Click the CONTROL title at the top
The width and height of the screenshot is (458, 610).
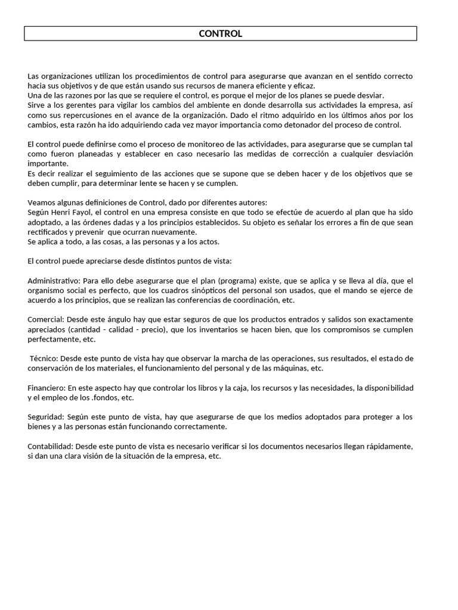point(220,34)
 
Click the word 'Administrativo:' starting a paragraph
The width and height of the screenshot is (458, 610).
point(54,281)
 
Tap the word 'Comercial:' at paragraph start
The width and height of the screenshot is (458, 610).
point(45,319)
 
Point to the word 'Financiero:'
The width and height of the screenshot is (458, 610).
point(47,388)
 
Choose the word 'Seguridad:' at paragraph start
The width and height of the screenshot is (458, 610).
point(46,417)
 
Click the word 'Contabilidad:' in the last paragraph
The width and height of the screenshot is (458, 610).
point(50,446)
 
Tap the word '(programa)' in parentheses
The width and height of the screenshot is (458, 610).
point(239,281)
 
